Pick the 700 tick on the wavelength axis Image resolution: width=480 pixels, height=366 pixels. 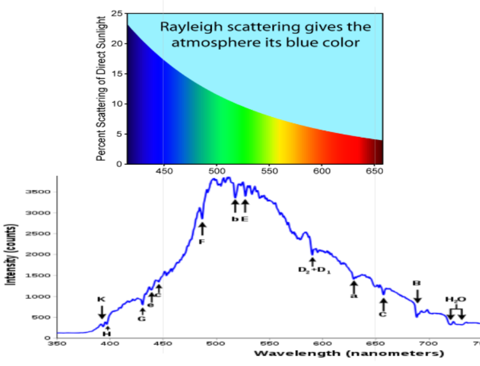(428, 343)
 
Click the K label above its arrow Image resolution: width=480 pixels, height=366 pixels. (101, 299)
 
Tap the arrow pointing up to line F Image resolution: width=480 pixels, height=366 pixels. (202, 228)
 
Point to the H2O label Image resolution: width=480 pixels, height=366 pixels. (455, 299)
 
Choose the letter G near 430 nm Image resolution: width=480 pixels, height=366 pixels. (142, 318)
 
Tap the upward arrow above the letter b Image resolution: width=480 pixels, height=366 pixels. (235, 205)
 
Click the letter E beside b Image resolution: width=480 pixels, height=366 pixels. (244, 218)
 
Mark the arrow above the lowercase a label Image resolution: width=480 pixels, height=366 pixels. (354, 287)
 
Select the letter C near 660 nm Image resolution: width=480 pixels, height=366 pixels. (383, 315)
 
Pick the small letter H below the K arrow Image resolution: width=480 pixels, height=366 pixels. (107, 333)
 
